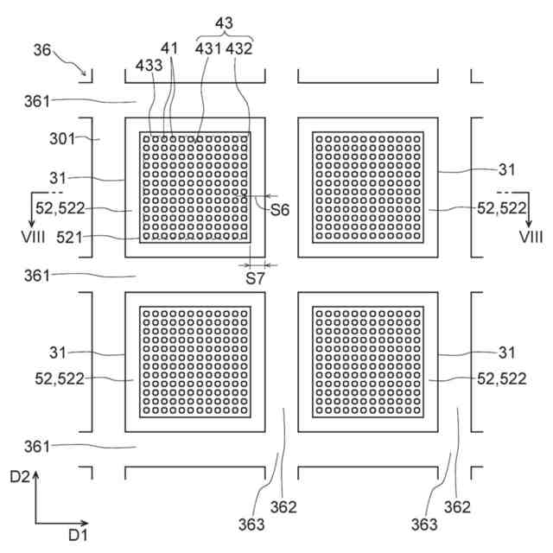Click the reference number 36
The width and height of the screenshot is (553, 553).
(41, 51)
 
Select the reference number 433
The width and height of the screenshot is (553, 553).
(148, 64)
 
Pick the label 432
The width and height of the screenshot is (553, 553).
(238, 49)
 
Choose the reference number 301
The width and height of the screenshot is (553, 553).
(63, 137)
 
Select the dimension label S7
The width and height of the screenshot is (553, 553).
(253, 278)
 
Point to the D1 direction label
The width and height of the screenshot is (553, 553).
(78, 536)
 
